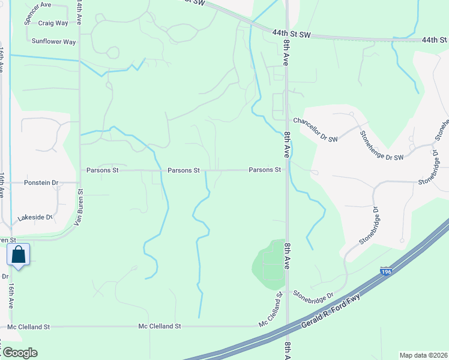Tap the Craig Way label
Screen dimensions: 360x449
point(53,23)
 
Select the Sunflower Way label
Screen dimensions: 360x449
point(54,42)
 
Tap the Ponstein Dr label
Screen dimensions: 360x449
point(41,182)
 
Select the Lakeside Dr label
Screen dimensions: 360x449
point(35,218)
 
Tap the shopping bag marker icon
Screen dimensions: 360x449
point(19,255)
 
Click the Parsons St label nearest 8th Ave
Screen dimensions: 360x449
point(265,170)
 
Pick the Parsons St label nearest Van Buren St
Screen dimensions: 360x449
point(103,170)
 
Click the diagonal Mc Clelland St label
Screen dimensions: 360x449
point(270,309)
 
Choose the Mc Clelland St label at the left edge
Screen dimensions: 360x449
point(29,327)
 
